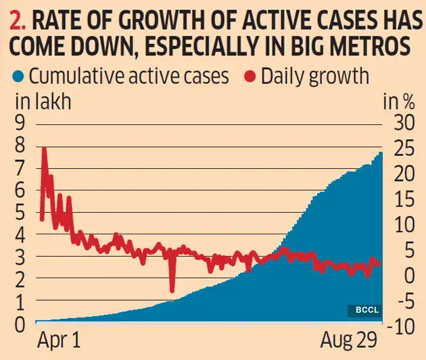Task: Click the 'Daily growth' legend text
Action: click(x=316, y=75)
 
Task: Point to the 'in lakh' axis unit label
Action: click(x=42, y=102)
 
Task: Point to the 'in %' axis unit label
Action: click(x=398, y=102)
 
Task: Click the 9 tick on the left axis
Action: click(x=20, y=124)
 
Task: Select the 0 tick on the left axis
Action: click(x=20, y=325)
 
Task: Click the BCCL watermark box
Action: click(x=365, y=310)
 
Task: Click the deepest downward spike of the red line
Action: click(x=172, y=290)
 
